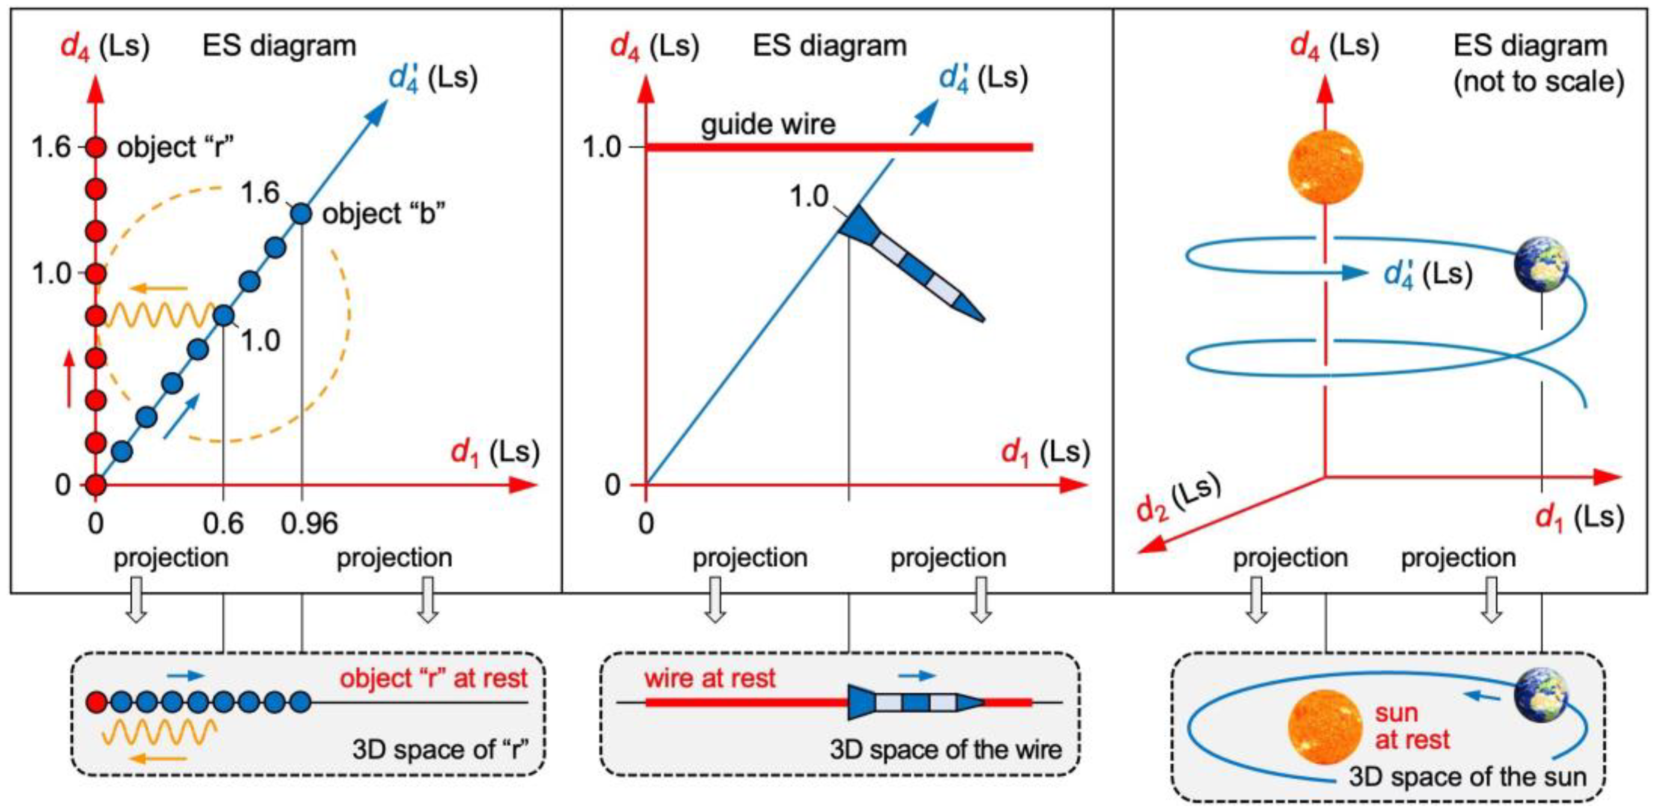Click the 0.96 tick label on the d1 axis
click(x=309, y=524)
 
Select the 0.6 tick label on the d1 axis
click(x=223, y=524)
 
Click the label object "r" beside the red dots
click(x=175, y=148)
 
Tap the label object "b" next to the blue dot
click(x=383, y=214)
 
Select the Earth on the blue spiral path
click(x=1541, y=264)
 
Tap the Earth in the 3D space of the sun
click(x=1541, y=696)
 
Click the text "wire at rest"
click(x=710, y=678)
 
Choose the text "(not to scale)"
click(x=1539, y=81)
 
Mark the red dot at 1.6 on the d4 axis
click(x=96, y=148)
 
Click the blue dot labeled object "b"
click(x=301, y=213)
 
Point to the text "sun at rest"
click(x=1411, y=727)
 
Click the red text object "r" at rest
click(x=434, y=678)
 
